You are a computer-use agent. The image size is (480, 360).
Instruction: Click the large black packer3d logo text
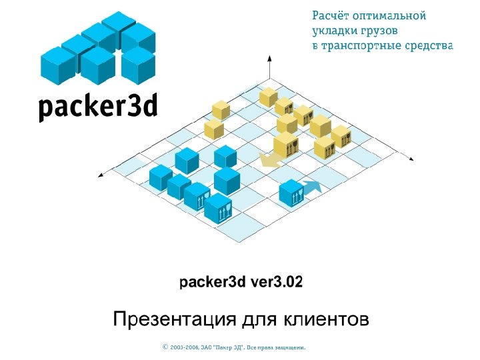(97, 107)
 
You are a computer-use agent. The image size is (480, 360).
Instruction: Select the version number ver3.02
(276, 283)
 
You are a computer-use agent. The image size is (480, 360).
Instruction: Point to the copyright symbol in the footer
(165, 347)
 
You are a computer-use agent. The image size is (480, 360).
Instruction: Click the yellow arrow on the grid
(269, 160)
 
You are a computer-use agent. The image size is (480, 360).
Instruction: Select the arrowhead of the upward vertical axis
(269, 60)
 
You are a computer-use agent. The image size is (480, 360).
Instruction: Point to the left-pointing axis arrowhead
(101, 175)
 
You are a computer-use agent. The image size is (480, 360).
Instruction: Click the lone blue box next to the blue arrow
(291, 193)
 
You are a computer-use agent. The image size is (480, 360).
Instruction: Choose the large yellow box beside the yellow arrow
(286, 145)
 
